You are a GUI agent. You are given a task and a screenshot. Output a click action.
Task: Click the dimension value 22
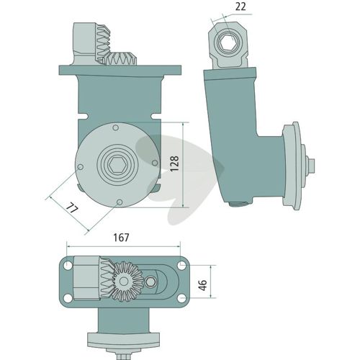240,7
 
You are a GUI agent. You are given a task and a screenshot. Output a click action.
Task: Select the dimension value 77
72,208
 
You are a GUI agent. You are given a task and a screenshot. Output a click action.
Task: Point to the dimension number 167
121,238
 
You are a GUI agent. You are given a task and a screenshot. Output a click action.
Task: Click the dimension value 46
203,285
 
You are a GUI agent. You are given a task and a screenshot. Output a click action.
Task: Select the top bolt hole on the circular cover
115,127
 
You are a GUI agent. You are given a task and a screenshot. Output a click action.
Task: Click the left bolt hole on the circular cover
81,167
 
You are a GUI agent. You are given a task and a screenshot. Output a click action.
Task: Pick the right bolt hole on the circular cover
155,163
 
